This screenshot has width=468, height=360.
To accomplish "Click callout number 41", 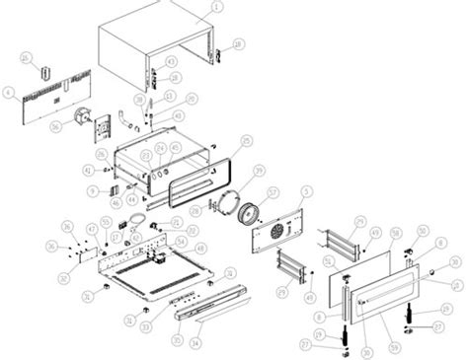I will tap(87, 171).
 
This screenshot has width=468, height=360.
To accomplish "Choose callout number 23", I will tap(147, 155).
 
